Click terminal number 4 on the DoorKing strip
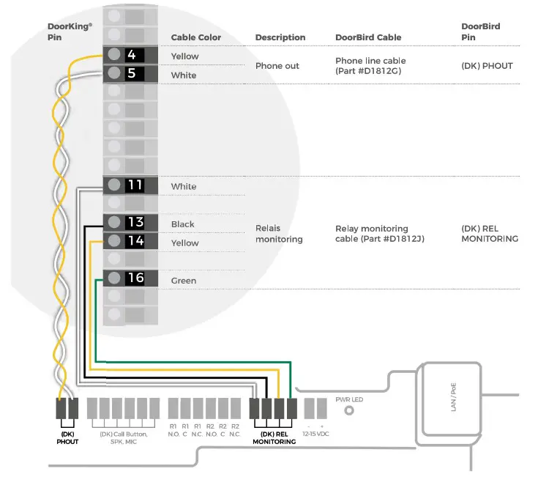[132, 55]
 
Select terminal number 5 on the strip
[132, 73]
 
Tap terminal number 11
[135, 185]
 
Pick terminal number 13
[135, 223]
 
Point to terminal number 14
[135, 241]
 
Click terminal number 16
[135, 278]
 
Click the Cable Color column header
[195, 37]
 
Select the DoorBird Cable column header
[368, 37]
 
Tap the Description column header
[280, 37]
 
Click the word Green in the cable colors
[184, 281]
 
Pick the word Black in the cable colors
[183, 224]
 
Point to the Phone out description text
[277, 66]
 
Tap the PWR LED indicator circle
[349, 411]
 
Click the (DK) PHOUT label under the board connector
[67, 438]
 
